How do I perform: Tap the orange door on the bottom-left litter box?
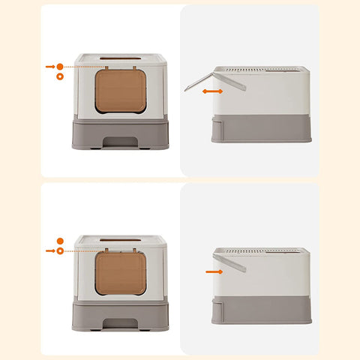point(121,272)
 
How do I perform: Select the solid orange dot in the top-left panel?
point(60,67)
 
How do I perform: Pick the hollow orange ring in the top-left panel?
point(60,76)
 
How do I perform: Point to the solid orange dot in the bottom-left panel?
point(60,241)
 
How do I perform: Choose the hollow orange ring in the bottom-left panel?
point(60,250)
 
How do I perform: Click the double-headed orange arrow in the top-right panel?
point(212,91)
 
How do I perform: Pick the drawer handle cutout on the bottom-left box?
point(121,323)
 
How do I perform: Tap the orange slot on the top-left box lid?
point(121,57)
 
